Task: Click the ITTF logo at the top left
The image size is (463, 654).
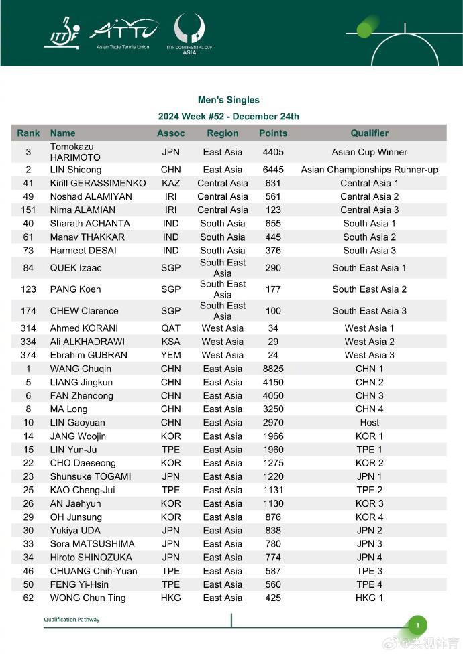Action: point(61,33)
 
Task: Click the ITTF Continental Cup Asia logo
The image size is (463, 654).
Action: point(189,34)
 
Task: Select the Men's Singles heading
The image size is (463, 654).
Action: point(228,100)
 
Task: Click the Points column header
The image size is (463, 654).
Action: point(273,133)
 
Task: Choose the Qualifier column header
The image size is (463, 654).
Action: point(369,133)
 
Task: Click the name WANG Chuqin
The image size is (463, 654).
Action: point(81,369)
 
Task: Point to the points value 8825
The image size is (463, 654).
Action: point(273,369)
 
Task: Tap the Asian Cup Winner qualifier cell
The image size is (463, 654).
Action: point(369,152)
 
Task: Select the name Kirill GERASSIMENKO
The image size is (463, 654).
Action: point(98,183)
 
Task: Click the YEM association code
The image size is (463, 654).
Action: point(171,355)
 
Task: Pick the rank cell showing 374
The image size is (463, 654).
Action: point(28,355)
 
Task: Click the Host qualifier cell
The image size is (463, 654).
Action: point(369,423)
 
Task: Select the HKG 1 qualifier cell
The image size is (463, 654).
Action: point(369,598)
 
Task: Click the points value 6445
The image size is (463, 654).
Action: point(273,170)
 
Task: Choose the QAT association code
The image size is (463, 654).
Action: point(171,328)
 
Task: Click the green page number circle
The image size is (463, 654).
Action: point(417,626)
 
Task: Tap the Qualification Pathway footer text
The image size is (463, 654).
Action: point(72,620)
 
